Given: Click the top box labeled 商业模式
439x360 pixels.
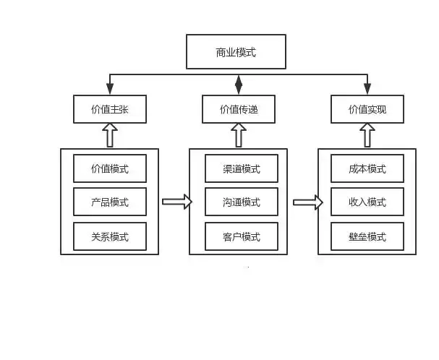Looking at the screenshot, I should coord(236,52).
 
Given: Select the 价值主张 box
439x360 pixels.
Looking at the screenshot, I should coord(110,110).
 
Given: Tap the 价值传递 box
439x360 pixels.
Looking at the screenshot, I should coord(239,110).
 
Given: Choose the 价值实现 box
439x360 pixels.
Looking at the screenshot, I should coord(367,110).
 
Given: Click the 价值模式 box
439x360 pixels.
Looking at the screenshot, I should coord(110,168).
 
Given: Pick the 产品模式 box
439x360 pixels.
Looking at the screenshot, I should coord(110,202).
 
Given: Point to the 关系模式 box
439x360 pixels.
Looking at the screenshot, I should coord(110,236).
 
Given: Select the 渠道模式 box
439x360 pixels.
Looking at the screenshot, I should coord(242,168).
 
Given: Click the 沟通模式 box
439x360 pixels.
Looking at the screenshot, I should coord(242,202).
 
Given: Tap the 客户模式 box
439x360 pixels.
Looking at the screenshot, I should coord(242,236).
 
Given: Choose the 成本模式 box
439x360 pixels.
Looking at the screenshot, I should coord(367,168).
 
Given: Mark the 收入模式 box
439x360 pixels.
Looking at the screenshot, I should coord(367,202).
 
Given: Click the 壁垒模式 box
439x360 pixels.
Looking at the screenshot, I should coord(367,236).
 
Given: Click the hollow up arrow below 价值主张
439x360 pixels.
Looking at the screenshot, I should coord(110,135).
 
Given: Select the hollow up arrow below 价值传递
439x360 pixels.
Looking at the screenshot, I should coord(239,135).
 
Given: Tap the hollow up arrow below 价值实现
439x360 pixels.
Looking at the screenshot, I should coord(367,135).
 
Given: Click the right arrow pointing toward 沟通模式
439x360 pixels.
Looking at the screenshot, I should coord(176,202).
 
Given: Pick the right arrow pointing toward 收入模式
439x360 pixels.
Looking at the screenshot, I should coord(307,202).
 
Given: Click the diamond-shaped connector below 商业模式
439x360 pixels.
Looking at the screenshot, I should coord(239,85).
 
